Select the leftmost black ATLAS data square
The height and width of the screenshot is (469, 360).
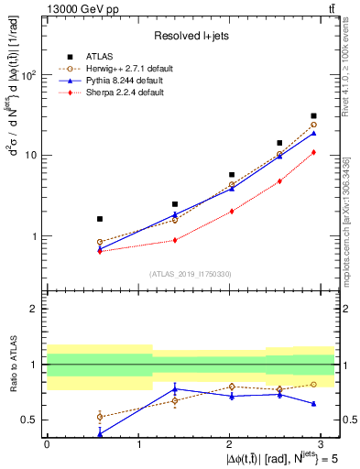click(x=100, y=219)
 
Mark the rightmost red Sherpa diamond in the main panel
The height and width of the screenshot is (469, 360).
click(x=313, y=152)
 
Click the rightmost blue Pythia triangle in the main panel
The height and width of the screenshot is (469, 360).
click(x=313, y=133)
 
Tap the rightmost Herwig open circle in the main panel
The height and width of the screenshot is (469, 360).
click(x=313, y=125)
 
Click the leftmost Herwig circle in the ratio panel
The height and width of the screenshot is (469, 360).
click(x=100, y=417)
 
